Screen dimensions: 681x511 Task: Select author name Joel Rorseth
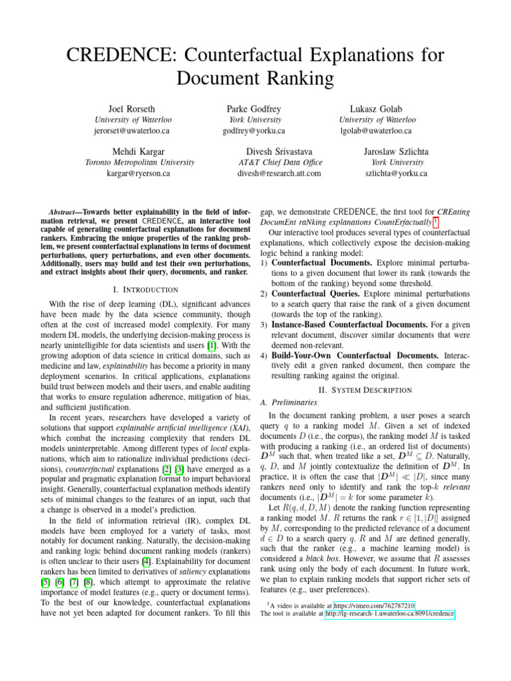coord(132,108)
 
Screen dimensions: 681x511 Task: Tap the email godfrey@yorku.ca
coord(254,131)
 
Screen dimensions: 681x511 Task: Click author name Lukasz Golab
coord(376,108)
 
